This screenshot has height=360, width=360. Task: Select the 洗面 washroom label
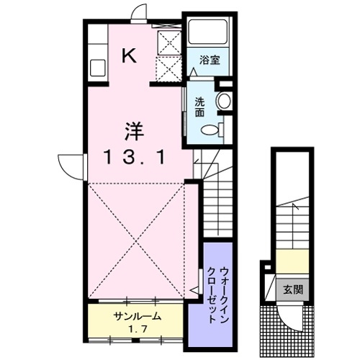199,107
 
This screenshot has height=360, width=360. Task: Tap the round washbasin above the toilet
224,101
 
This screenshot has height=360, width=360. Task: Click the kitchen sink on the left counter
98,70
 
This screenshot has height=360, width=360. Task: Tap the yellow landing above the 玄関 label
291,259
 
